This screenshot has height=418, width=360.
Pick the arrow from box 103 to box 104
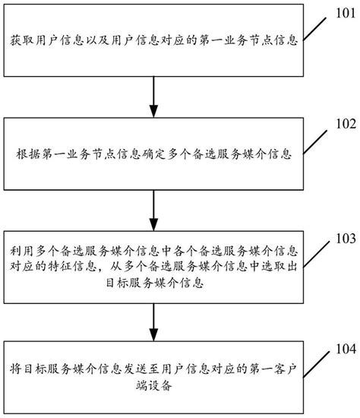155,318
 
